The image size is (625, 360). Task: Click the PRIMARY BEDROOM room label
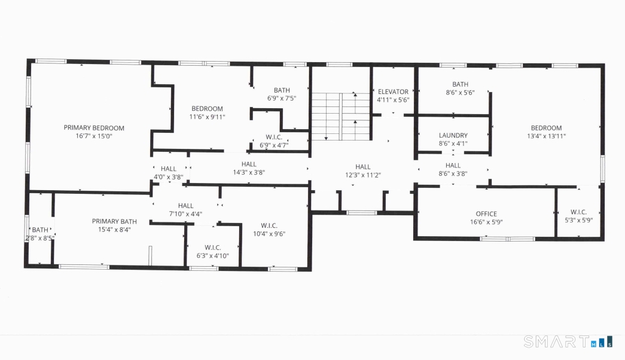click(x=94, y=128)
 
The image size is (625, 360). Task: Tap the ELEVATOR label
click(x=393, y=91)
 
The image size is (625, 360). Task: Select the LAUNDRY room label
click(x=453, y=136)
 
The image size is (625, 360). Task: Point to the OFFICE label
click(x=486, y=213)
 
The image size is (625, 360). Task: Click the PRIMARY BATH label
click(x=114, y=221)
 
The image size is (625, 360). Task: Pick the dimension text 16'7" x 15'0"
click(x=94, y=136)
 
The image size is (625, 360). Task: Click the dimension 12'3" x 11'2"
click(x=362, y=175)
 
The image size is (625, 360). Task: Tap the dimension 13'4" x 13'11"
click(x=547, y=136)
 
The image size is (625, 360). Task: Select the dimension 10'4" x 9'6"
click(x=269, y=234)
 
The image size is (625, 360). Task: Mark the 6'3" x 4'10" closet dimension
click(x=213, y=256)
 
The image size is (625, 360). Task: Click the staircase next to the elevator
click(x=341, y=117)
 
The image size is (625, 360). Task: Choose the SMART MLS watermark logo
click(x=568, y=341)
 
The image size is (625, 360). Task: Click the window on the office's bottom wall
click(x=507, y=239)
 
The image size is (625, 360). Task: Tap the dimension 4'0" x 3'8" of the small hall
click(x=169, y=177)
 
